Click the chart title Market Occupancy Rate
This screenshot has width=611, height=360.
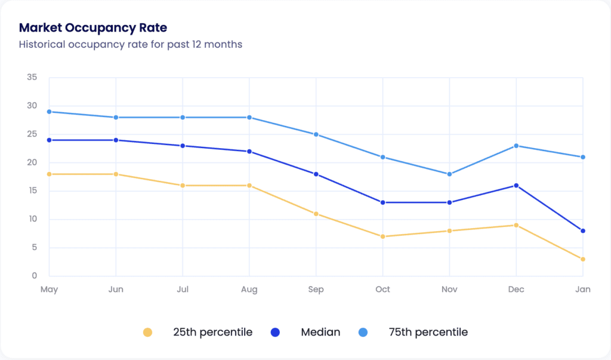click(x=93, y=28)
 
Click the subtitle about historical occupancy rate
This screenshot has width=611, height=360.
click(x=131, y=45)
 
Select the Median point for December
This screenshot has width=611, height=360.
click(x=516, y=186)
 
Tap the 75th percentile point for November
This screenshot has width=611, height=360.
click(x=449, y=174)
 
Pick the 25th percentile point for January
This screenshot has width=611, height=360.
click(x=583, y=259)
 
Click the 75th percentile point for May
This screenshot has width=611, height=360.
click(x=49, y=112)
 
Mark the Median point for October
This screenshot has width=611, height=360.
click(x=382, y=202)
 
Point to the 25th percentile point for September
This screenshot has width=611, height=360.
click(x=316, y=214)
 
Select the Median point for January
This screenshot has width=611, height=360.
click(x=583, y=230)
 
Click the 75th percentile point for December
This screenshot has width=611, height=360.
click(x=516, y=146)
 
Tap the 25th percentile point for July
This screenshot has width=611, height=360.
click(x=183, y=186)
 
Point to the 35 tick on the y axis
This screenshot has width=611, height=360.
click(x=32, y=78)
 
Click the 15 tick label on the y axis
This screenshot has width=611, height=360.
click(x=32, y=191)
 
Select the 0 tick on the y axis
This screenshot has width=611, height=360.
click(x=34, y=276)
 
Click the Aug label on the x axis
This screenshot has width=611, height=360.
click(x=249, y=290)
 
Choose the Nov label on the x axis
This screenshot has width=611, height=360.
click(x=449, y=290)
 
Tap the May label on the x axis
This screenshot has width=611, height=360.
click(x=49, y=290)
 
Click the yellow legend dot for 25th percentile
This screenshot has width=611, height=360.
click(x=148, y=333)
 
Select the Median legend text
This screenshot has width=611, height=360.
click(x=320, y=333)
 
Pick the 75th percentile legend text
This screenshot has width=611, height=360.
click(x=428, y=333)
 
